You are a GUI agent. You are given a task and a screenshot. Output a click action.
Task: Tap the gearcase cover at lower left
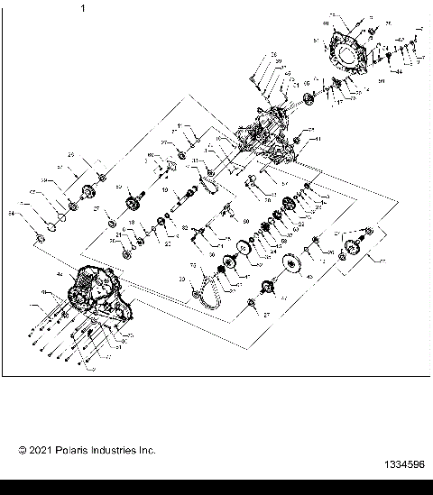tap(90, 293)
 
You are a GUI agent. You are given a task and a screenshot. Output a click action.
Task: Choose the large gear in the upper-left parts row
tap(89, 191)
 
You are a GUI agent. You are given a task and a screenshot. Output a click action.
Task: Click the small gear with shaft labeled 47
tap(267, 288)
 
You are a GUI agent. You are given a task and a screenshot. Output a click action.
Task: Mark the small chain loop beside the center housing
tap(211, 185)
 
